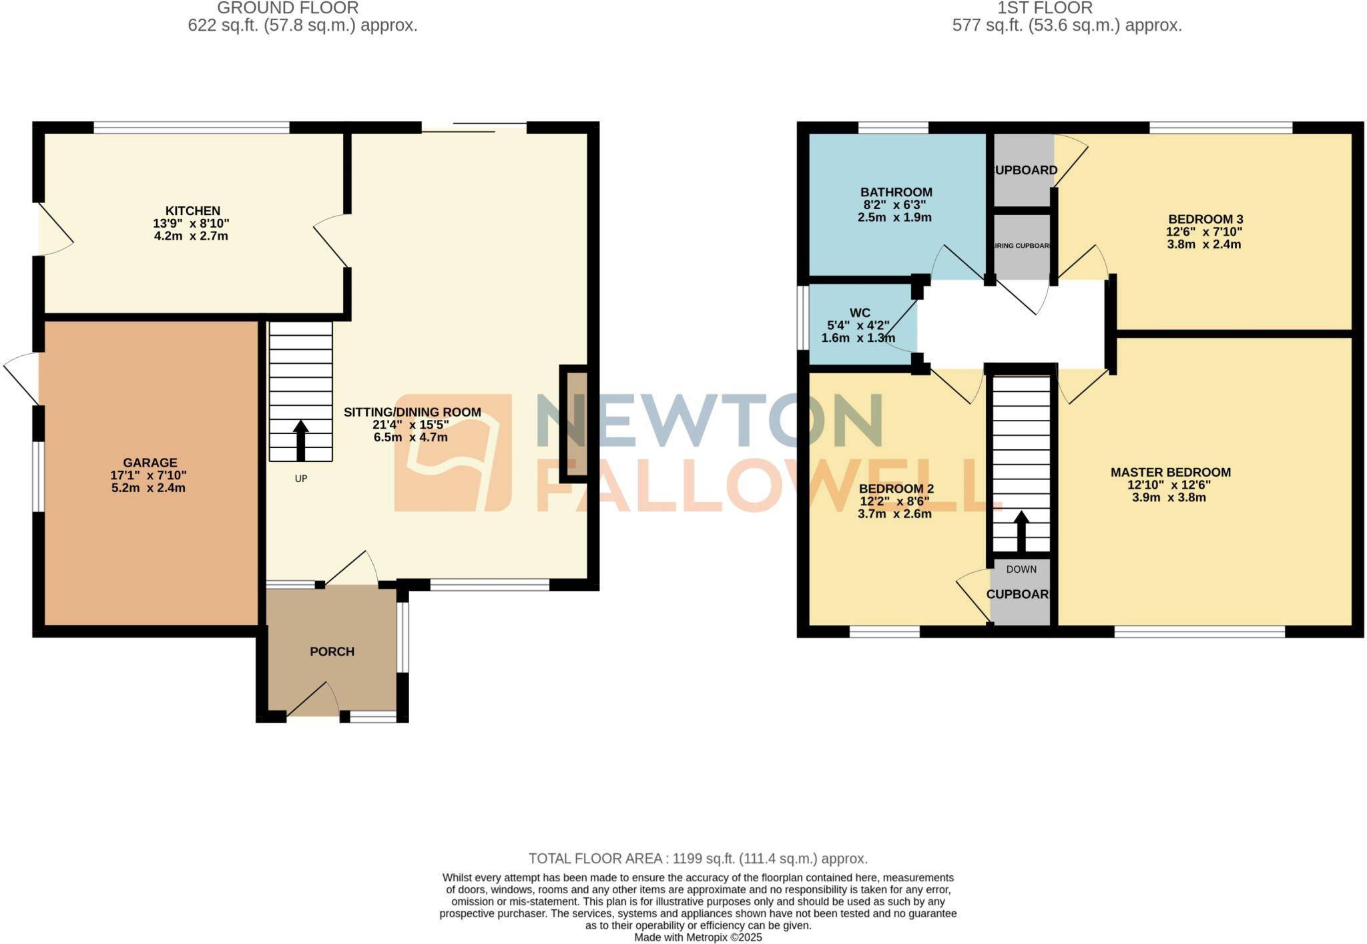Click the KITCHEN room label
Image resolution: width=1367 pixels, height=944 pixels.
(x=193, y=211)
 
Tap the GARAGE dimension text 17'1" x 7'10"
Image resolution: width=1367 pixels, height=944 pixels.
(x=148, y=475)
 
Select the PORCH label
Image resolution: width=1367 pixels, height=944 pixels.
(x=332, y=652)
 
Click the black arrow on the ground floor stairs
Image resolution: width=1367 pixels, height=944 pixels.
(x=301, y=440)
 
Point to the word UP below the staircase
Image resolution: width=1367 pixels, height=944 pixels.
(x=301, y=479)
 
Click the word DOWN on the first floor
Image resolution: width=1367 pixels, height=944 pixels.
(x=1021, y=569)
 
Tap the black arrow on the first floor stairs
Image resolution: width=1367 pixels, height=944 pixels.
(x=1021, y=531)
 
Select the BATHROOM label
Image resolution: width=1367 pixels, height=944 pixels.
(x=896, y=192)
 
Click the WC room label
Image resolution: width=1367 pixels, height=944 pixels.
(x=860, y=313)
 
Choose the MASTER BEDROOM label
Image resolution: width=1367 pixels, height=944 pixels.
(x=1170, y=472)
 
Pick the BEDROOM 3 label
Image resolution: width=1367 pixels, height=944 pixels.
(x=1205, y=219)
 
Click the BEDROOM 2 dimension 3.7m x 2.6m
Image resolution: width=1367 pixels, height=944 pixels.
(x=894, y=514)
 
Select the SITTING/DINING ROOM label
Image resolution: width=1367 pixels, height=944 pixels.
(x=412, y=412)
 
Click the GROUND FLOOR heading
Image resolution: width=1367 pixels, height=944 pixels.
(x=288, y=8)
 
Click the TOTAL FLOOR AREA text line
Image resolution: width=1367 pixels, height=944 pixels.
(x=698, y=859)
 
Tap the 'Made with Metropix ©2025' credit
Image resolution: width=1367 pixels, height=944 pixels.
(x=698, y=937)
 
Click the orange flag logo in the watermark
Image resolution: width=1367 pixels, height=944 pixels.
(x=453, y=453)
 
